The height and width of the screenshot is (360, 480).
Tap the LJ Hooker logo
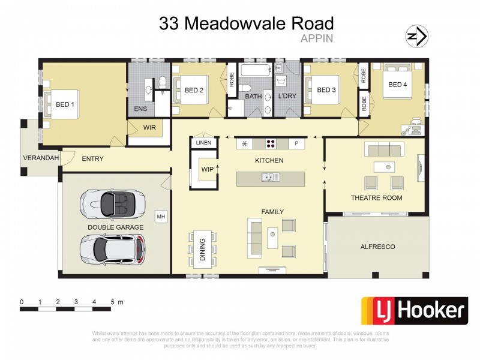pos(413,311)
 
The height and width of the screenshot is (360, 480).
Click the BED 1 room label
pos(65,104)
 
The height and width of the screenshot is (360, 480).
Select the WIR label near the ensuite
pos(149,128)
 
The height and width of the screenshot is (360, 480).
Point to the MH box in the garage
pos(160,215)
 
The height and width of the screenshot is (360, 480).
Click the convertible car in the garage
pos(112,203)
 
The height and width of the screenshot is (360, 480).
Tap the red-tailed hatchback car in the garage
pos(112,248)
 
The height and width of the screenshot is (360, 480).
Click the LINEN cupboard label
pos(203,143)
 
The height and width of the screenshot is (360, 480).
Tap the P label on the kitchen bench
pos(296,143)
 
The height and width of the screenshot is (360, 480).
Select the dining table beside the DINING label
pos(202,248)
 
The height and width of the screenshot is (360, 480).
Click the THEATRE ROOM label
pos(376,197)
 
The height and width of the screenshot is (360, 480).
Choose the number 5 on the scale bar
pos(112,302)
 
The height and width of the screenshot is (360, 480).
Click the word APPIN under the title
pos(316,37)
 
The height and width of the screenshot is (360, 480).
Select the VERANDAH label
pos(41,158)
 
